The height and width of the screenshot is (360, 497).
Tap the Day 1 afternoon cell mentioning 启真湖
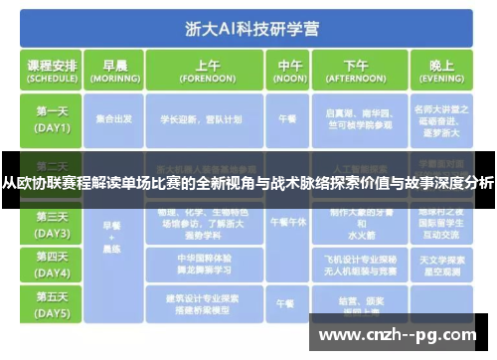(354, 120)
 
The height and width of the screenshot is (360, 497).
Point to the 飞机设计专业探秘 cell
(354, 263)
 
